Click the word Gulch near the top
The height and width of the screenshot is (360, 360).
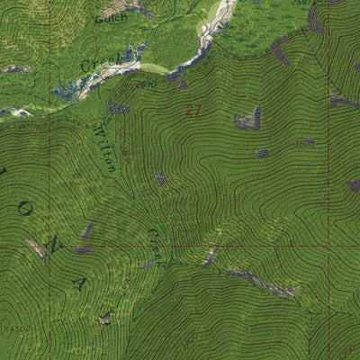112,16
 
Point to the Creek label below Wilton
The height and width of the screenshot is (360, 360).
155,244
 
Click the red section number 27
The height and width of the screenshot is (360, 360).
193,111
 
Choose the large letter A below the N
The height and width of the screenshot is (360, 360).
80,283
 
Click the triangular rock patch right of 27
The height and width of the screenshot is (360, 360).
248,118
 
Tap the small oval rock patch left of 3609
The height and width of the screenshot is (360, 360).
262,153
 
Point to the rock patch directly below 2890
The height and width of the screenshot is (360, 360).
117,107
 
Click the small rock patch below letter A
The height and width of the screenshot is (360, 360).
106,317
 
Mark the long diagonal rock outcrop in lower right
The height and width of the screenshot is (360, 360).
261,283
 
